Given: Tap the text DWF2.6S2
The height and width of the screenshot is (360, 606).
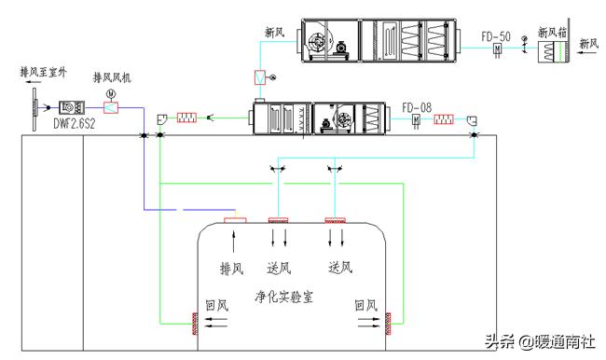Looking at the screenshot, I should pyautogui.click(x=76, y=122).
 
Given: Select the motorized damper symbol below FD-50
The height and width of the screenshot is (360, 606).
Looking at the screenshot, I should pyautogui.click(x=497, y=48).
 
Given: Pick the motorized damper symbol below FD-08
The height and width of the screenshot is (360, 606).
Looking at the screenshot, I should pyautogui.click(x=418, y=119).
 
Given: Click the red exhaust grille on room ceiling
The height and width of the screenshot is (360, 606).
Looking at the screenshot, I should pyautogui.click(x=233, y=221).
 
